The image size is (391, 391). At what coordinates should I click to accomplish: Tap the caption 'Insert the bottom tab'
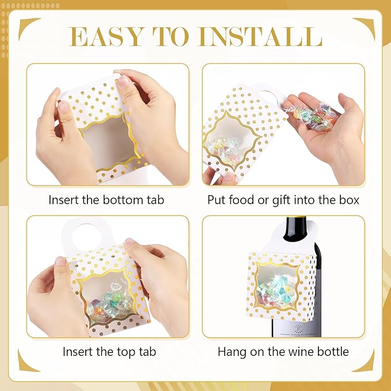(106, 200)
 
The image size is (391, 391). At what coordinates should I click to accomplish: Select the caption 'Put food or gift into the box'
(283, 200)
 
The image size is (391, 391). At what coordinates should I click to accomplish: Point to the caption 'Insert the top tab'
(109, 351)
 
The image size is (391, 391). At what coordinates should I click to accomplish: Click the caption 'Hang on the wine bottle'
(283, 351)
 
